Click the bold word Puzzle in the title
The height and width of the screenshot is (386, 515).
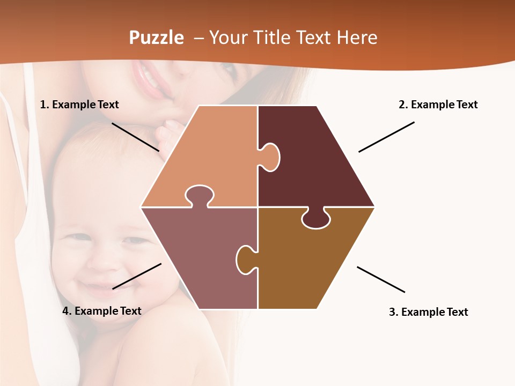click(156, 38)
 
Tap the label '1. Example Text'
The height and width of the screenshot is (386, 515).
click(79, 105)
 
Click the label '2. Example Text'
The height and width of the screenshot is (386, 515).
click(438, 105)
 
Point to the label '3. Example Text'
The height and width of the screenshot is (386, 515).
click(428, 312)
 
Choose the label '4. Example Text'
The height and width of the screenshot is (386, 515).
click(102, 311)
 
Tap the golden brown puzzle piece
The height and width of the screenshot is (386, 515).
click(311, 263)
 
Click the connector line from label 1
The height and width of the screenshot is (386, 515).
click(135, 137)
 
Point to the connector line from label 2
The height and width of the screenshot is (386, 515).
click(386, 137)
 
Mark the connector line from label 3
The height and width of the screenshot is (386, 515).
click(381, 279)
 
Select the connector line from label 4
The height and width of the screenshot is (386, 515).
click(137, 276)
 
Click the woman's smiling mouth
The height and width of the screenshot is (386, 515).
click(150, 80)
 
